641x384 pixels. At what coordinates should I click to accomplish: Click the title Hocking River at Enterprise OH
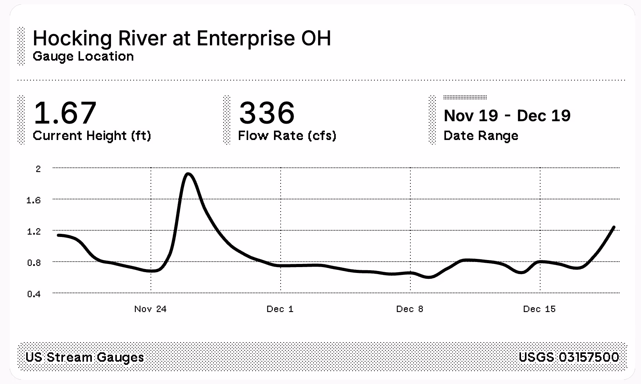pos(182,38)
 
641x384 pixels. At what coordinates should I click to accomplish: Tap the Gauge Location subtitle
pos(83,56)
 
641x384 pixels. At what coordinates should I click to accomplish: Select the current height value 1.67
pos(65,113)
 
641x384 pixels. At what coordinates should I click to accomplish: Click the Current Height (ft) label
pos(92,136)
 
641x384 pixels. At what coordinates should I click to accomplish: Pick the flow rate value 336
pos(267,113)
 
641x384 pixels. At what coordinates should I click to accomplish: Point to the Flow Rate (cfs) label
pos(287,136)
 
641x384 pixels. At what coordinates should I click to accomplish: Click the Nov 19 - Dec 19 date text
pos(507,116)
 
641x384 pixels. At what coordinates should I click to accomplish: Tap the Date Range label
pos(481,136)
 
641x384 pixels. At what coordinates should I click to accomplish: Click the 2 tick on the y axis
pos(38,169)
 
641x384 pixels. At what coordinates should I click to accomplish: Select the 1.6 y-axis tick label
pos(34,200)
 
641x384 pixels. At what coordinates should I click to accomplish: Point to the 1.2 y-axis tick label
pos(34,231)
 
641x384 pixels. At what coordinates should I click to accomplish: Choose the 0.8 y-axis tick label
pos(34,263)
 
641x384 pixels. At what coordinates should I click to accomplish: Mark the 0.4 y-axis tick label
pos(34,294)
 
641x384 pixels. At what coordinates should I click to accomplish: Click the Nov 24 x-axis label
pos(150,309)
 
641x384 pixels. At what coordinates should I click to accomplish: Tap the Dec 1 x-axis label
pos(280,309)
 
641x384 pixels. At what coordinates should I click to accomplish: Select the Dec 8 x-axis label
pos(410,309)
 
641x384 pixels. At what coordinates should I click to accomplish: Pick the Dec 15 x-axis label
pos(539,309)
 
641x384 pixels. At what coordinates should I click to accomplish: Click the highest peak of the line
pos(188,174)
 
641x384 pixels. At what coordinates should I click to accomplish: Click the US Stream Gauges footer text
pos(85,357)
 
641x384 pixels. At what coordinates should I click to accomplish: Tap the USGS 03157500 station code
pos(569,357)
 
